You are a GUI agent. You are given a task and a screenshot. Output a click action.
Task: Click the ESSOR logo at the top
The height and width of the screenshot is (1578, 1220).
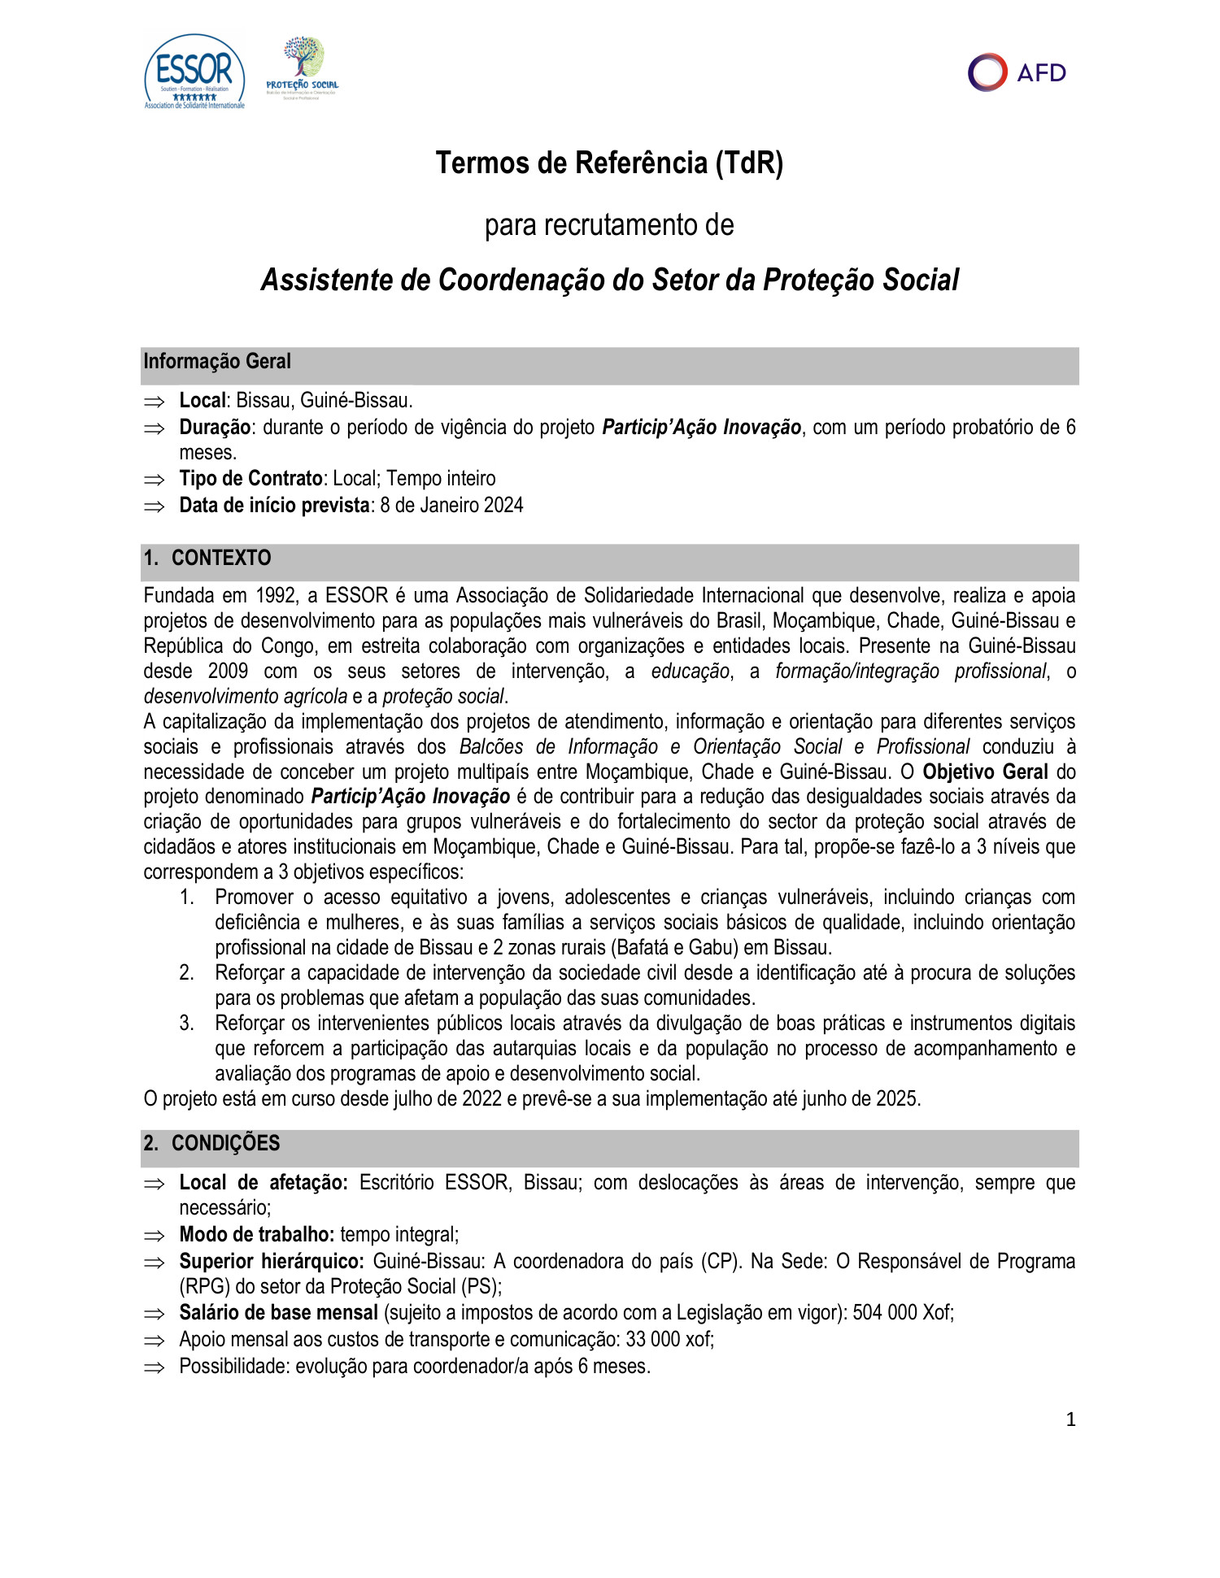[x=194, y=72]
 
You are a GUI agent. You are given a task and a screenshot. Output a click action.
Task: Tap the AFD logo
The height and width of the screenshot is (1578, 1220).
[x=1017, y=72]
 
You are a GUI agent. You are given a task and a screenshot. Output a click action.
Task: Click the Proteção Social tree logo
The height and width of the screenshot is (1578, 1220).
[x=303, y=67]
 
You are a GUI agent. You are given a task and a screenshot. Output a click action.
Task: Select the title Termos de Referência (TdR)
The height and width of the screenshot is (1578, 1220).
[x=609, y=163]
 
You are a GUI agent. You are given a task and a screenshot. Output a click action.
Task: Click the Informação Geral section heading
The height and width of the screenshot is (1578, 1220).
[x=217, y=362]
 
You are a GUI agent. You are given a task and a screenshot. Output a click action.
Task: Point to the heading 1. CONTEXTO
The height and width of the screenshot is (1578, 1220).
[x=207, y=558]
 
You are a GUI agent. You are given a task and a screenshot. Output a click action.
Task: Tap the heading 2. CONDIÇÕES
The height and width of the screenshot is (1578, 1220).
[x=211, y=1143]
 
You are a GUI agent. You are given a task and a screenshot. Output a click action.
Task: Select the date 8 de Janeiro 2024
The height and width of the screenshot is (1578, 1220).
[x=451, y=506]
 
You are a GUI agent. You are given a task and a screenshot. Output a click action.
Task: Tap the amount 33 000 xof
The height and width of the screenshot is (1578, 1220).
[x=669, y=1340]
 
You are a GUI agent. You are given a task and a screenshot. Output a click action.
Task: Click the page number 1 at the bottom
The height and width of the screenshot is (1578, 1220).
[x=1070, y=1420]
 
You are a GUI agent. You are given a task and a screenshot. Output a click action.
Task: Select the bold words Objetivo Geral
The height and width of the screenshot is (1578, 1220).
[x=984, y=772]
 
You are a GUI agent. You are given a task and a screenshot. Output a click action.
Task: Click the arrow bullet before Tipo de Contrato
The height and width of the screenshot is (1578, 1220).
[x=154, y=480]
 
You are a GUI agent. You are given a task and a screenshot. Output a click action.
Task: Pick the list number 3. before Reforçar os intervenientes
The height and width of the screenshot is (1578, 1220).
[x=186, y=1024]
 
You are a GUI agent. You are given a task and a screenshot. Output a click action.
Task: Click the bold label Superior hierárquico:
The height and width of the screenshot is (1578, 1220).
[x=272, y=1262]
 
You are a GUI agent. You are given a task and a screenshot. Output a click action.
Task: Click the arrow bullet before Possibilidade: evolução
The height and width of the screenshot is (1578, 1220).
[x=154, y=1367]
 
